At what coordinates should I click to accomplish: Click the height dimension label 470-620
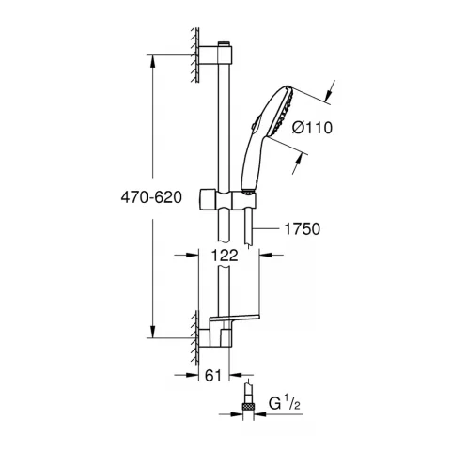122,198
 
